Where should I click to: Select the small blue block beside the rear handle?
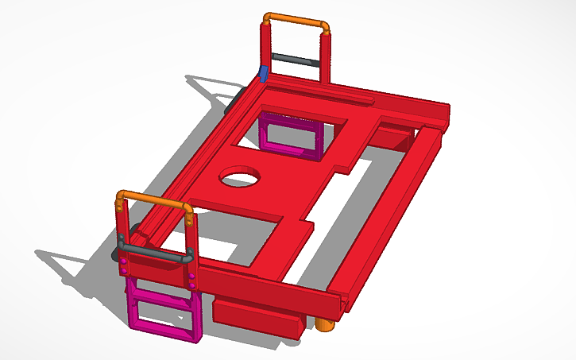point(262,74)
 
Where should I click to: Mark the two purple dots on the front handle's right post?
point(191,279)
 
